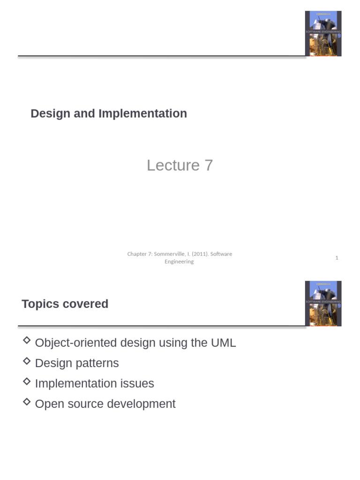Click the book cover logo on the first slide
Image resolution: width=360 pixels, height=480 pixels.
pyautogui.click(x=323, y=33)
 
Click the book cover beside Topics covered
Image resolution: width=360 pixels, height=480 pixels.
pyautogui.click(x=323, y=303)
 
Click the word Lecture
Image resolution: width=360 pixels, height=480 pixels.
pyautogui.click(x=173, y=165)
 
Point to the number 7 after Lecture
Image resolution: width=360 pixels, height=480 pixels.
pyautogui.click(x=209, y=165)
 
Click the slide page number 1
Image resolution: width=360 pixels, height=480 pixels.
pyautogui.click(x=337, y=258)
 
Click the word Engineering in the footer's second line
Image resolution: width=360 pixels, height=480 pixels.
pyautogui.click(x=179, y=262)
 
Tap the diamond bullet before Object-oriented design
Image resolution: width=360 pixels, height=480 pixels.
pyautogui.click(x=27, y=340)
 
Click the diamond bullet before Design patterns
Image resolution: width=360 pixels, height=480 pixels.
pyautogui.click(x=27, y=361)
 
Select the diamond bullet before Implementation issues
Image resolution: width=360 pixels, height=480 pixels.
pyautogui.click(x=27, y=381)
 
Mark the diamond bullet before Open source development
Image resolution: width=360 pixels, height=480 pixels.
pyautogui.click(x=27, y=402)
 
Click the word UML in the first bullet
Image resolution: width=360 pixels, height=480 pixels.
pyautogui.click(x=223, y=343)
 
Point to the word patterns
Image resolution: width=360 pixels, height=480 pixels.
pyautogui.click(x=98, y=364)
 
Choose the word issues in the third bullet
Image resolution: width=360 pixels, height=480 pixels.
pyautogui.click(x=138, y=384)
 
